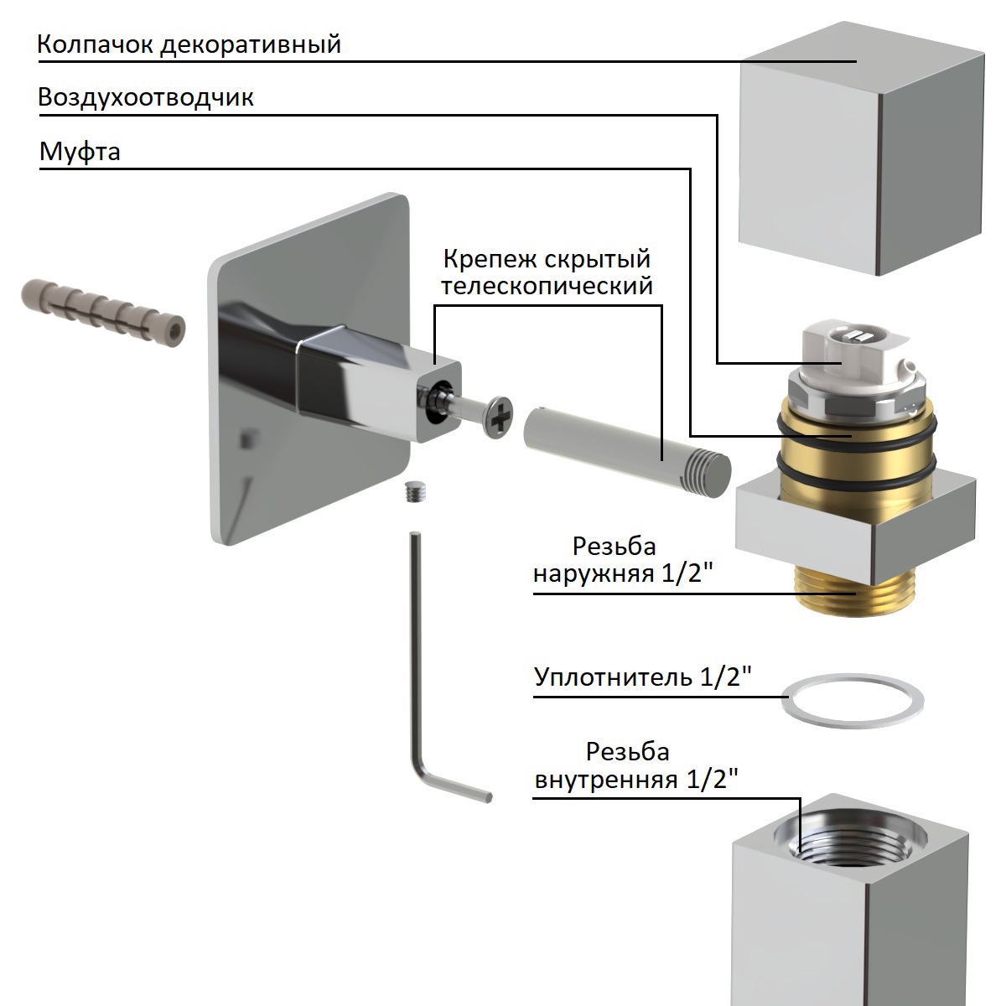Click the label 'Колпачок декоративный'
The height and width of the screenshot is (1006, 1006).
(x=189, y=44)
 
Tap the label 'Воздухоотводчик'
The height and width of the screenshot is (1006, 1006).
(x=146, y=98)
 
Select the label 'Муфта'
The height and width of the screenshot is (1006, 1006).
(x=80, y=153)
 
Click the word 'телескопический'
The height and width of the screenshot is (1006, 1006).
(x=547, y=287)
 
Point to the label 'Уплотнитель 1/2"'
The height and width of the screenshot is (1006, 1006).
(x=640, y=677)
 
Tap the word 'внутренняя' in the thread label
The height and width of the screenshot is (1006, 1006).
(x=607, y=780)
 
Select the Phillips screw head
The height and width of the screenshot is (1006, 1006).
(x=497, y=415)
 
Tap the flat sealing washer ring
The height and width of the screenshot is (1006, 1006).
(x=852, y=700)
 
